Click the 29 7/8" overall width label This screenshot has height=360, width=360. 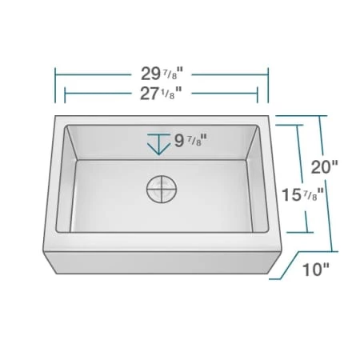click(x=161, y=73)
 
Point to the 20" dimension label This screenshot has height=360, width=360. click(x=325, y=168)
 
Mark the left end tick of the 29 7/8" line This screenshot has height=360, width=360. click(x=55, y=81)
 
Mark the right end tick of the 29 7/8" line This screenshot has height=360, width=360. click(x=267, y=81)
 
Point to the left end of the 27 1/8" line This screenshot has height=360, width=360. click(x=65, y=94)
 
